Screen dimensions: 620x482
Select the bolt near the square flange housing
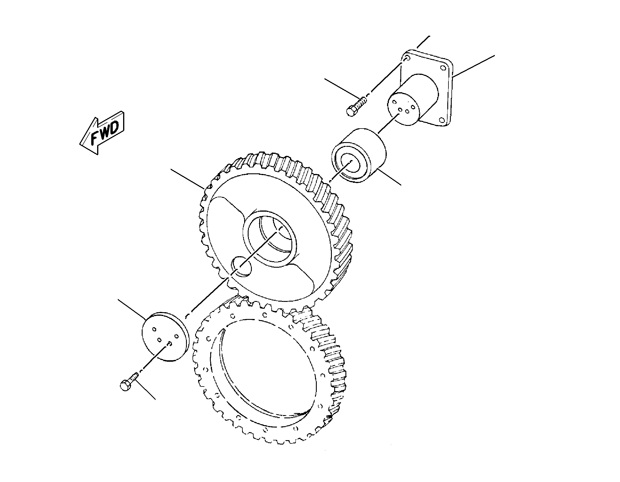pyautogui.click(x=356, y=107)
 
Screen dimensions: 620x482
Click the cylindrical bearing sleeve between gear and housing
pyautogui.click(x=359, y=158)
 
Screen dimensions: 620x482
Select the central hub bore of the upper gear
pyautogui.click(x=271, y=238)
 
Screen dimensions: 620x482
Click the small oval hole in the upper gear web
pyautogui.click(x=241, y=266)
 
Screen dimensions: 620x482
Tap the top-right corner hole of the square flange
pyautogui.click(x=443, y=68)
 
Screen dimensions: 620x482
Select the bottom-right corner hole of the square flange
pyautogui.click(x=441, y=120)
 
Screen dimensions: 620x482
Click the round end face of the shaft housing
pyautogui.click(x=403, y=109)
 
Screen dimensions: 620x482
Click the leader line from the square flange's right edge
pyautogui.click(x=474, y=66)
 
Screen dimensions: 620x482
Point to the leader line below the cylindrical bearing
pyautogui.click(x=390, y=176)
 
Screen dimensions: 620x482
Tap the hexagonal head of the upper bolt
pyautogui.click(x=350, y=112)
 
